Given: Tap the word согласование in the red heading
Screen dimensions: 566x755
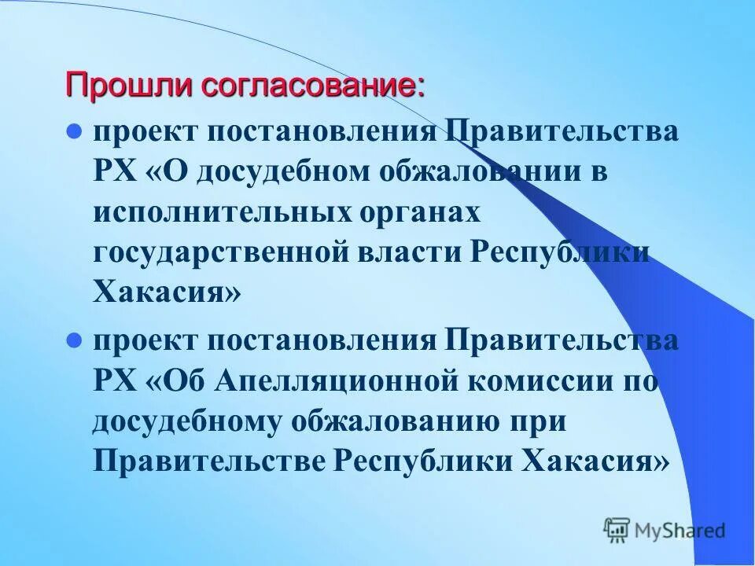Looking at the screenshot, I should point(313,85).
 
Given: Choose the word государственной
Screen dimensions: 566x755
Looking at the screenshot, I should point(221,253).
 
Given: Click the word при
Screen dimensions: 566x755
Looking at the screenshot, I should point(540,422).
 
